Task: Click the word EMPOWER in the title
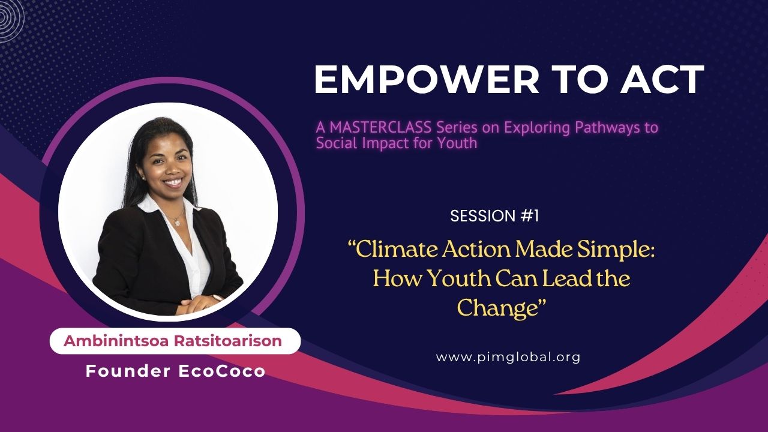pos(427,80)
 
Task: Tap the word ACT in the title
pos(662,80)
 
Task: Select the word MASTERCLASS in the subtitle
pos(380,128)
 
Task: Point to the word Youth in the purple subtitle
pos(457,143)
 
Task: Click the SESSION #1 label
pos(494,216)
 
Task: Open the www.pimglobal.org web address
pos(508,357)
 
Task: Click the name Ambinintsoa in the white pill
pos(116,341)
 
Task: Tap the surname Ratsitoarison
pos(228,341)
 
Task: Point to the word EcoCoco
pos(222,371)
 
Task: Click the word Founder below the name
pos(128,371)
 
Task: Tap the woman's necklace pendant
pos(177,222)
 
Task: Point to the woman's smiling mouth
pos(174,182)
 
